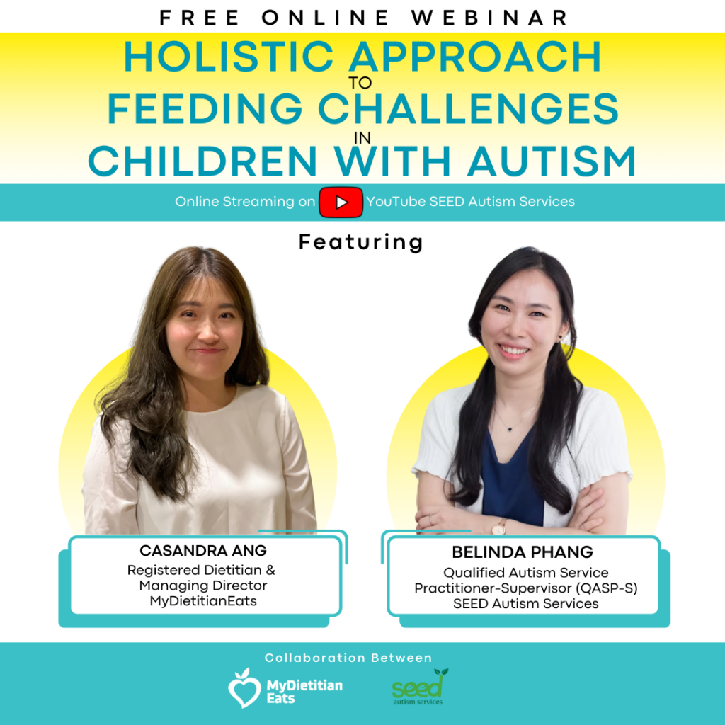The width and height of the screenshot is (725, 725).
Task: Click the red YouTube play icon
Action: point(341,202)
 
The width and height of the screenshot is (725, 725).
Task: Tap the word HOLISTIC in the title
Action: point(229,57)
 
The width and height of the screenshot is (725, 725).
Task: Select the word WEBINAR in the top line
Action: point(489,18)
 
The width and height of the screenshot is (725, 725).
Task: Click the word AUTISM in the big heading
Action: point(552,161)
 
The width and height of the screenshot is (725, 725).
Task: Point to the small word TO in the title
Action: point(360,84)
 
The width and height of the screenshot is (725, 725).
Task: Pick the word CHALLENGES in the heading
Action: point(468,108)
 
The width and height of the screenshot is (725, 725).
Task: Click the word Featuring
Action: point(360,242)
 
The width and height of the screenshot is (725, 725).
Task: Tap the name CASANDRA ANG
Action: point(203,551)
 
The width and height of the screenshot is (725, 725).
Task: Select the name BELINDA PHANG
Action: point(523,552)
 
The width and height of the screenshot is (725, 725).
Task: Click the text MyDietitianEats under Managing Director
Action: point(203,601)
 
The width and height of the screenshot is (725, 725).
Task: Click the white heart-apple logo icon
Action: point(244,688)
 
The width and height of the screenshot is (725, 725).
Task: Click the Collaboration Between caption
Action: point(348,658)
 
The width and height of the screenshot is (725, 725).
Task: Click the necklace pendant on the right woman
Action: point(510,428)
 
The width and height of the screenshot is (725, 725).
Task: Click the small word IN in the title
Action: point(362,138)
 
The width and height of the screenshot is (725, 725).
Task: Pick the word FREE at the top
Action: point(199,18)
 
